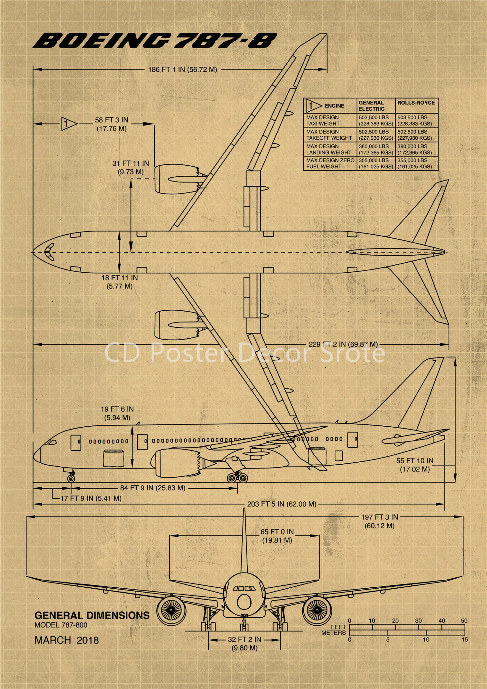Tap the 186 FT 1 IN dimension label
(x=182, y=70)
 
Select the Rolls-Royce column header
(x=416, y=103)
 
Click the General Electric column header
(x=372, y=106)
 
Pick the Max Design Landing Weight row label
(x=328, y=149)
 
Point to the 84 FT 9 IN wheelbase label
(x=153, y=488)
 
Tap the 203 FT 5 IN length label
(x=281, y=504)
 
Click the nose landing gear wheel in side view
(x=71, y=478)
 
